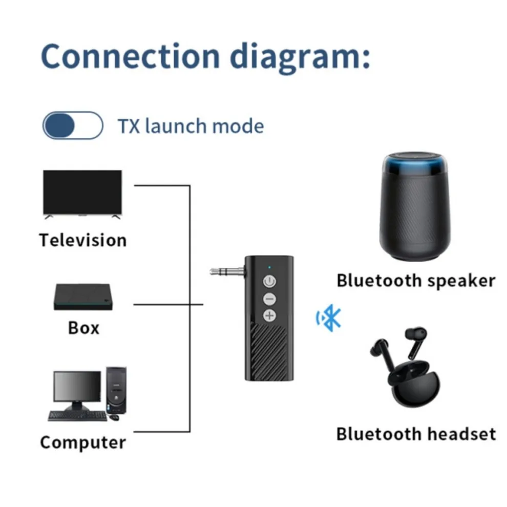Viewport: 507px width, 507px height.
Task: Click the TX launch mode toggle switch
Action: pos(73,125)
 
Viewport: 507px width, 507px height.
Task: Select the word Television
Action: pos(83,240)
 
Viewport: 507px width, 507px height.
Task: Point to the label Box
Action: pos(83,328)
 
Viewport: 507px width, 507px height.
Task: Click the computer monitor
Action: pos(77,387)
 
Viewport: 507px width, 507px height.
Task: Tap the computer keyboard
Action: pos(77,415)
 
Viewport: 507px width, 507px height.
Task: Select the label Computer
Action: pos(83,442)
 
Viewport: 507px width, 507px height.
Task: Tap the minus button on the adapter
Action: pos(269,299)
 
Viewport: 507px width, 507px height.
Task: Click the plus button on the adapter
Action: pos(269,315)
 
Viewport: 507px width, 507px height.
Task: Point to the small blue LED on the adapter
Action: pos(269,266)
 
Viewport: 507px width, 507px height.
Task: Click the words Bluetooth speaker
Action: pos(416,281)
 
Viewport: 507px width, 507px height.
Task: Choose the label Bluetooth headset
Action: pos(416,434)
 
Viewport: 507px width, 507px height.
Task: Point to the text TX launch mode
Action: pos(191,126)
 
